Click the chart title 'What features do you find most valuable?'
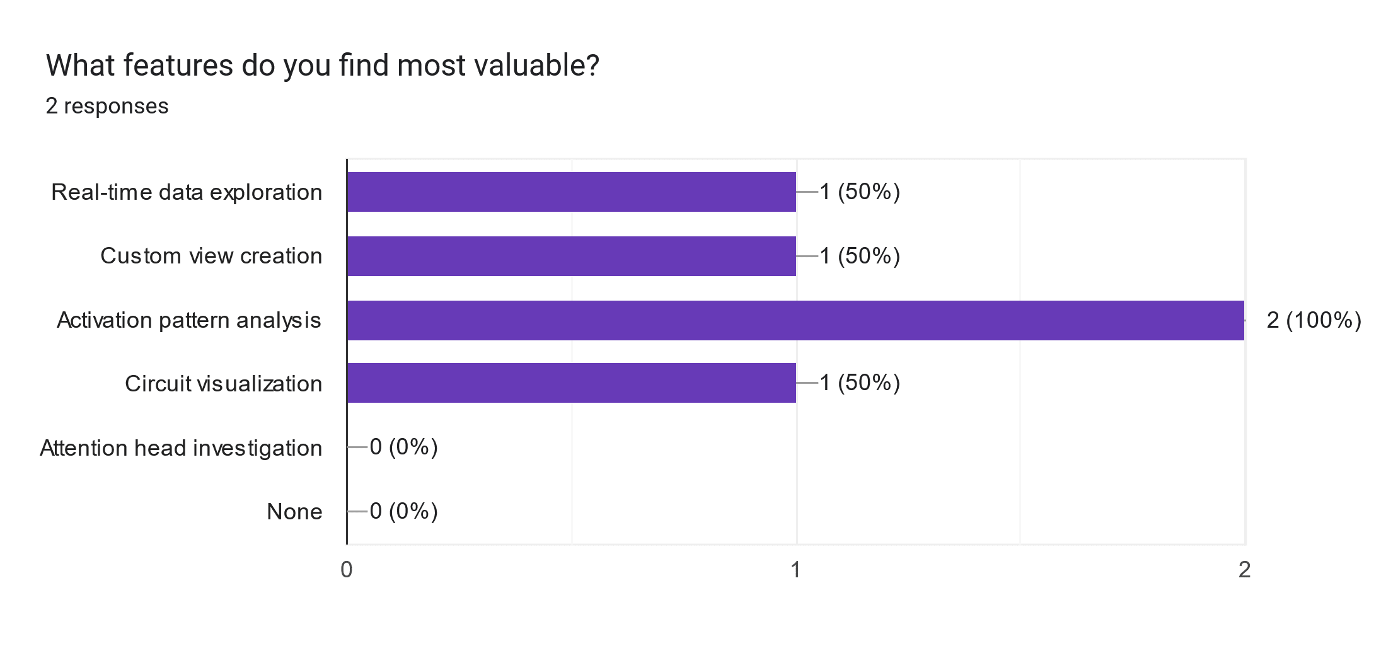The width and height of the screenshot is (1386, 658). point(322,66)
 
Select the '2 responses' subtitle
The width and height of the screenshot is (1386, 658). point(107,106)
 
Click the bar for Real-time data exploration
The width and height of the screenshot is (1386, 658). point(571,192)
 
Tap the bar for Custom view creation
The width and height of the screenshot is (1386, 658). point(571,256)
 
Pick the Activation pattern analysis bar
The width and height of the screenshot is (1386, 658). point(795,320)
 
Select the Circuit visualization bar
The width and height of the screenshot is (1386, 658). point(571,383)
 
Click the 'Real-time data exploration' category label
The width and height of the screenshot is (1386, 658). point(187,192)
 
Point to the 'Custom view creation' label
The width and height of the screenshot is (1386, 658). point(211,256)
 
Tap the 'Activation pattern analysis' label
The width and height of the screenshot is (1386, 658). point(189,320)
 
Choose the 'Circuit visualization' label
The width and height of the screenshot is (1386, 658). point(223,384)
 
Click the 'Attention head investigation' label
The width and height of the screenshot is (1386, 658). point(181,448)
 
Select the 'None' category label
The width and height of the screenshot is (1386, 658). point(294,512)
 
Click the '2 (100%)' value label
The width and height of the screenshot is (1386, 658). point(1314,320)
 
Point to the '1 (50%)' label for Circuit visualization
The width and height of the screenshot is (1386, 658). point(860,383)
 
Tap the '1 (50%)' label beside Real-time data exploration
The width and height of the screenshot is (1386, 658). point(860,192)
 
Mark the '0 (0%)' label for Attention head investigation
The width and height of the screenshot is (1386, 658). point(403,447)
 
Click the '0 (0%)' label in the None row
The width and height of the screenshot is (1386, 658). point(403,511)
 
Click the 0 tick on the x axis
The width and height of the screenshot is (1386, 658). point(347,570)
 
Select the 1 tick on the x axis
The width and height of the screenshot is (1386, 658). point(795,570)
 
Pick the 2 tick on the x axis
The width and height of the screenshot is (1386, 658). point(1244,570)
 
